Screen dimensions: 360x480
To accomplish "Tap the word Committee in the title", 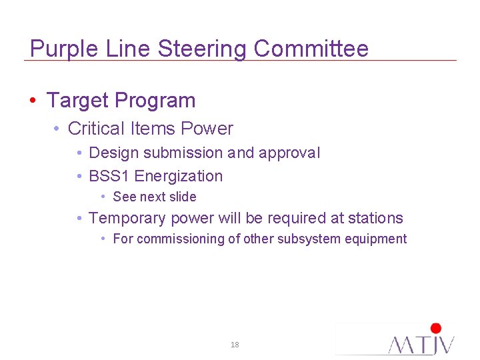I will pyautogui.click(x=311, y=48).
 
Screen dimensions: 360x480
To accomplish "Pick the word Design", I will pyautogui.click(x=113, y=153).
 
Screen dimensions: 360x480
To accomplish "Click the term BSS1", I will pyautogui.click(x=109, y=177).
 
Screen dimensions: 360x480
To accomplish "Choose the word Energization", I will pyautogui.click(x=179, y=177).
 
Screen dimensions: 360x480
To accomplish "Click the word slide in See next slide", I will pyautogui.click(x=183, y=197).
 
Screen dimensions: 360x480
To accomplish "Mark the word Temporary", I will pyautogui.click(x=127, y=218).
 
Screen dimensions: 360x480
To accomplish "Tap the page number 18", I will pyautogui.click(x=234, y=345).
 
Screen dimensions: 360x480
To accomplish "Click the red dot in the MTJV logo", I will pyautogui.click(x=436, y=328).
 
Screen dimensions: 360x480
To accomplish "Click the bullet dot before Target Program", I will pyautogui.click(x=33, y=101).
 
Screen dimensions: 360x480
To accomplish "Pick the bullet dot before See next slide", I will pyautogui.click(x=103, y=197).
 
